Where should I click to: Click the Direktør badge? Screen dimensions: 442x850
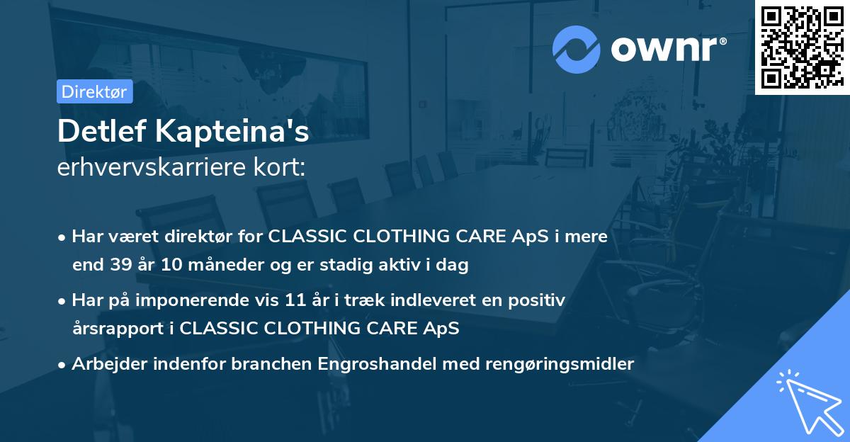(94, 91)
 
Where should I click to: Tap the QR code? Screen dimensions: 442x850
(802, 47)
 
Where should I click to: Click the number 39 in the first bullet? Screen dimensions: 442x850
(118, 265)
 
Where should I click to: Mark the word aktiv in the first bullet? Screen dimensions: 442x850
(412, 265)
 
